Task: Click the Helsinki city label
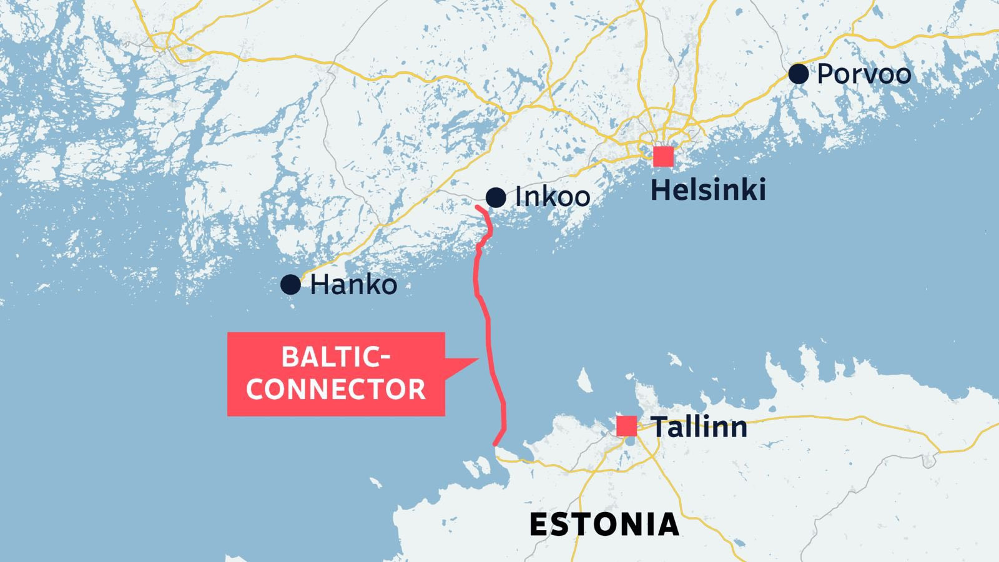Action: point(708,190)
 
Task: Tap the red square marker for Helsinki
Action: point(663,157)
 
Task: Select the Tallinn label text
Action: point(699,427)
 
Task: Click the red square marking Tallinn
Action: point(626,426)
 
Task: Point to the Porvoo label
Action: point(864,74)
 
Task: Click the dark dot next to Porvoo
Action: point(799,74)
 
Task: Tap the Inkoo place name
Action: point(553,197)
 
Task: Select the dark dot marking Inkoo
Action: point(496,197)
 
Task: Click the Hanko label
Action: point(353,285)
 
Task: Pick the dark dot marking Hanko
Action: point(290,285)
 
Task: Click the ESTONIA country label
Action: point(604,525)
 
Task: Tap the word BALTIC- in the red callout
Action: point(336,357)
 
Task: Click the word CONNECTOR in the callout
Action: point(336,389)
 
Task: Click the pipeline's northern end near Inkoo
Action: point(477,207)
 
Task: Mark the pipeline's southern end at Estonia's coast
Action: point(495,445)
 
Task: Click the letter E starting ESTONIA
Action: point(539,525)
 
